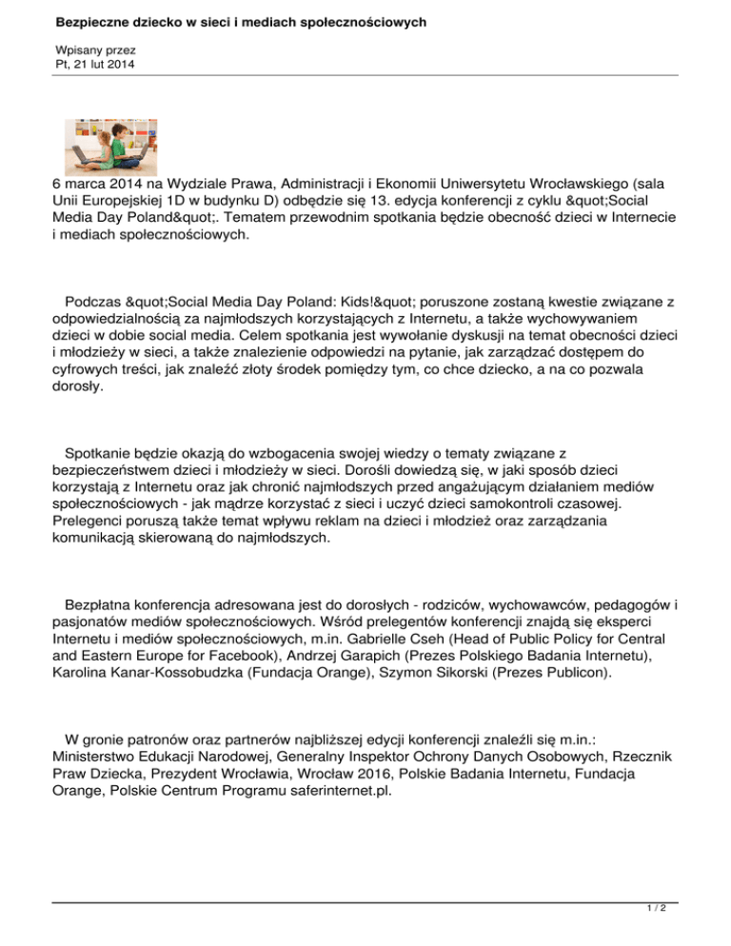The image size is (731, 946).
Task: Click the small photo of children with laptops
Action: [104, 146]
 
